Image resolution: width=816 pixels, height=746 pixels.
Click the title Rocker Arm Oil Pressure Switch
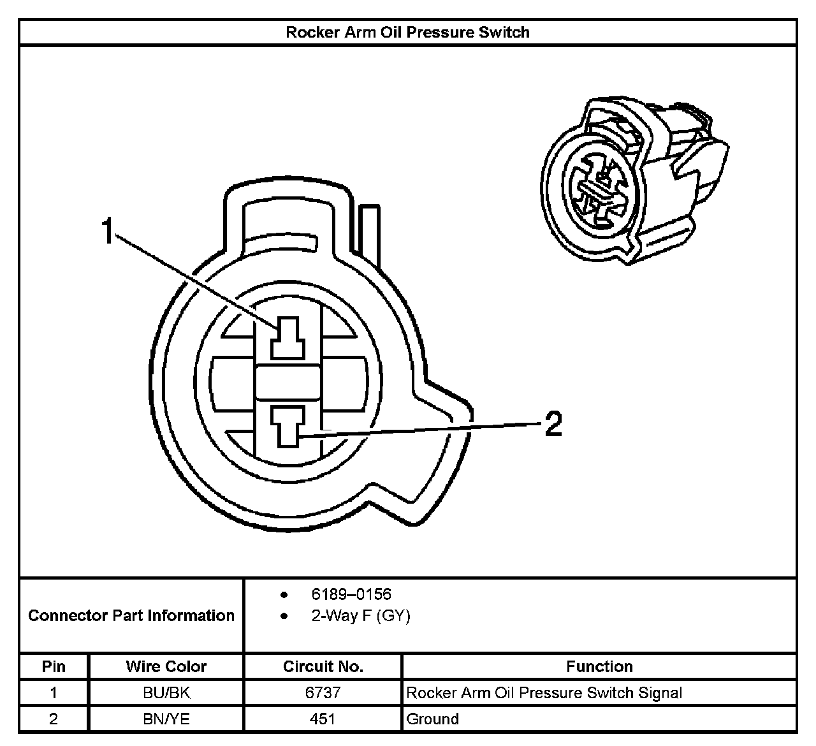(x=407, y=33)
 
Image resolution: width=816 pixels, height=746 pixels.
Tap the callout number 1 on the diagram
(x=108, y=230)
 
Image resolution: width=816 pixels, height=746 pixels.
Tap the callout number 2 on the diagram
(x=553, y=423)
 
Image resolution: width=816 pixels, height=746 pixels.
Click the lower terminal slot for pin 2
(x=288, y=425)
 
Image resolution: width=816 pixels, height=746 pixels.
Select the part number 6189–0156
(x=351, y=594)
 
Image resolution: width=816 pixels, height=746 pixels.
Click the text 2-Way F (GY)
(x=360, y=616)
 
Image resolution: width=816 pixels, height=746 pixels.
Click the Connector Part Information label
(x=131, y=615)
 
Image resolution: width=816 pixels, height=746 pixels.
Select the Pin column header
(x=54, y=666)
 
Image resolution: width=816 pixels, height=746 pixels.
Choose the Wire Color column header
(x=166, y=666)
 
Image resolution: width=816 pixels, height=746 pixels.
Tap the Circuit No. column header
(x=323, y=666)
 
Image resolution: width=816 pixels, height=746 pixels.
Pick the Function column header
(x=599, y=666)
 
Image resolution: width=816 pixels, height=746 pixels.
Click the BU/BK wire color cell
(x=166, y=692)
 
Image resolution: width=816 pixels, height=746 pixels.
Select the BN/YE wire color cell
(x=166, y=719)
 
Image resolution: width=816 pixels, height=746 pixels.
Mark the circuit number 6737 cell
(x=323, y=692)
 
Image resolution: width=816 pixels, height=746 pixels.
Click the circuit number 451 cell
(x=323, y=719)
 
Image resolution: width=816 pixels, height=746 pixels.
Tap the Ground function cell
(x=432, y=719)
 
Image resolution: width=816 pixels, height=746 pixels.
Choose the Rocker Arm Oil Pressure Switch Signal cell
(x=544, y=692)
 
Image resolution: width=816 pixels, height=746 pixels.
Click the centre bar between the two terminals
(x=288, y=383)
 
